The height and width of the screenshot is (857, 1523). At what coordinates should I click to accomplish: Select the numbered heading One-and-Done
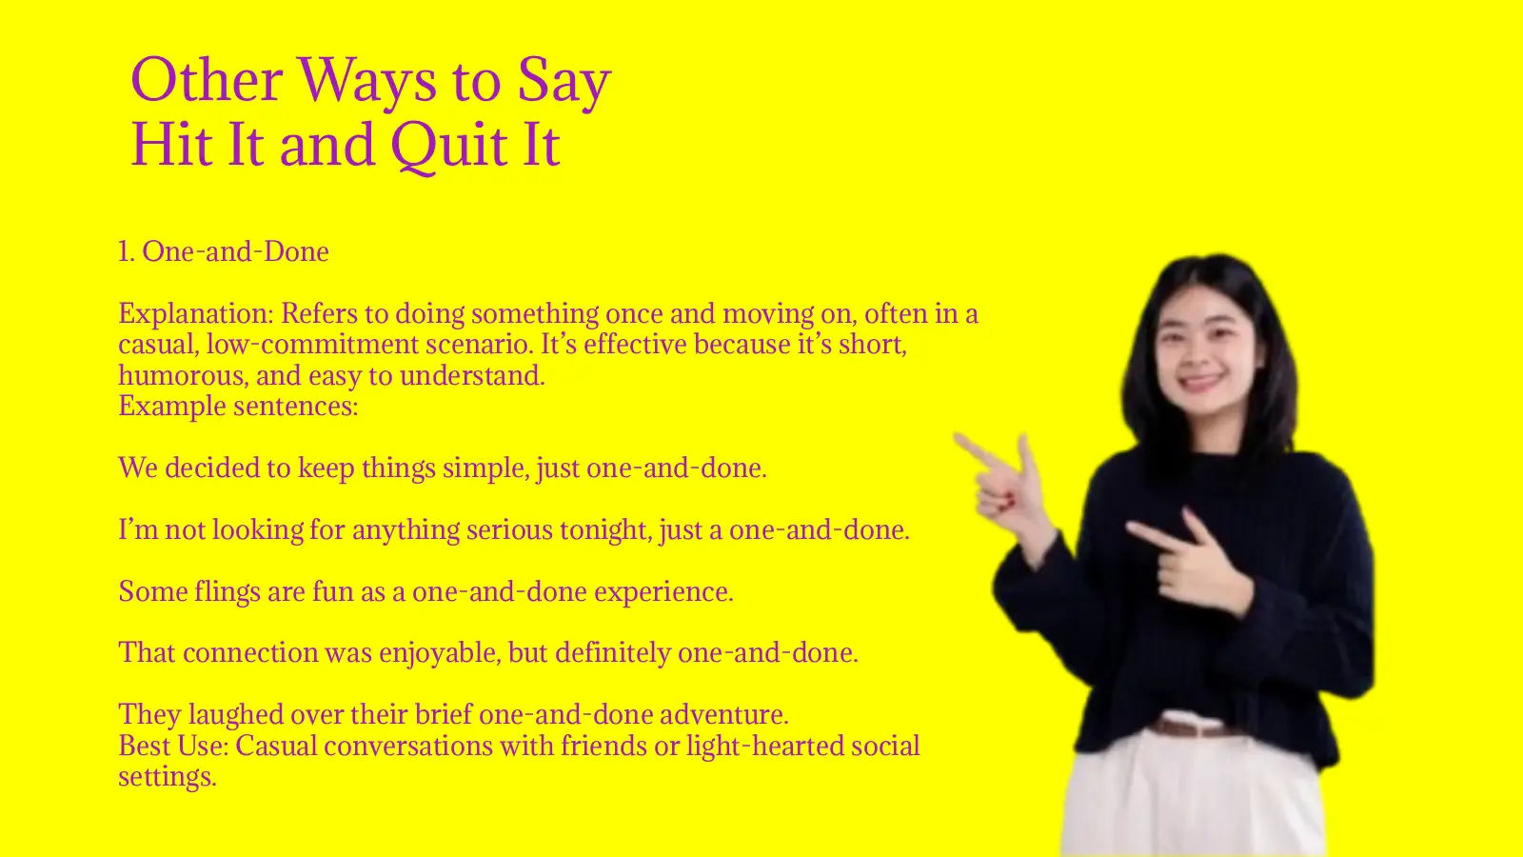coord(224,251)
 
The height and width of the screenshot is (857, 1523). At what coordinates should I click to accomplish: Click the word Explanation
coord(194,313)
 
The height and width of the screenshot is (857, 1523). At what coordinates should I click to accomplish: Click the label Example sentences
coord(238,407)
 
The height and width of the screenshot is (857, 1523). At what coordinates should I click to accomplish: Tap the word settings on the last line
coord(167,777)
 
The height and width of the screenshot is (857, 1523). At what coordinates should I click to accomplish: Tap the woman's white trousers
coord(1190,800)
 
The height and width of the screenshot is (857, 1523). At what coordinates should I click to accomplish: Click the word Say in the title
coord(564,80)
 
